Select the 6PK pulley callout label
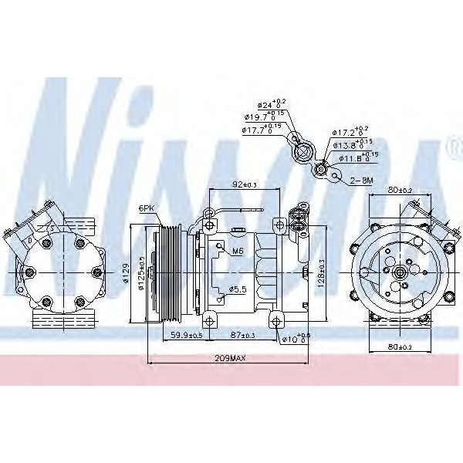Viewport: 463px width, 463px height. (x=146, y=208)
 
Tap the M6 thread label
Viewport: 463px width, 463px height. (x=238, y=250)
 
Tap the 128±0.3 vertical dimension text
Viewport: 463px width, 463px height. (x=320, y=270)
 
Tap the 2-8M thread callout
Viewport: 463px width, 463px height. (x=363, y=180)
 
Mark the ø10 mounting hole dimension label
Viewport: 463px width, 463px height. (x=295, y=337)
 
